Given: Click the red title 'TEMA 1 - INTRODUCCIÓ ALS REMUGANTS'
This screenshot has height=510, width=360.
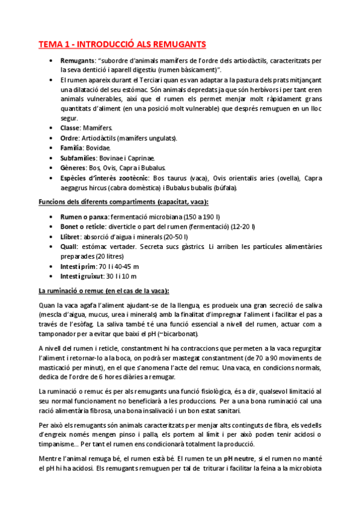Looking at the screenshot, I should [x=122, y=44].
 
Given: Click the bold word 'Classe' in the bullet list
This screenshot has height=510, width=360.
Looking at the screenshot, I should [x=71, y=128].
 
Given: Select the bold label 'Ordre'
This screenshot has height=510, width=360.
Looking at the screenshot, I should [x=70, y=138].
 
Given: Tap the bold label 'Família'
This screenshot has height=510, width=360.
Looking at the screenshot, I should [x=73, y=147].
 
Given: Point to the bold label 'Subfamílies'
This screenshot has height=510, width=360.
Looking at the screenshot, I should [x=79, y=158].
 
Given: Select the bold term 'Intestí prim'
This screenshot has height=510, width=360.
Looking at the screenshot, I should [x=78, y=266].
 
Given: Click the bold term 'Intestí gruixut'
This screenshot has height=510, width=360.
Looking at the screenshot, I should [x=82, y=276].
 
